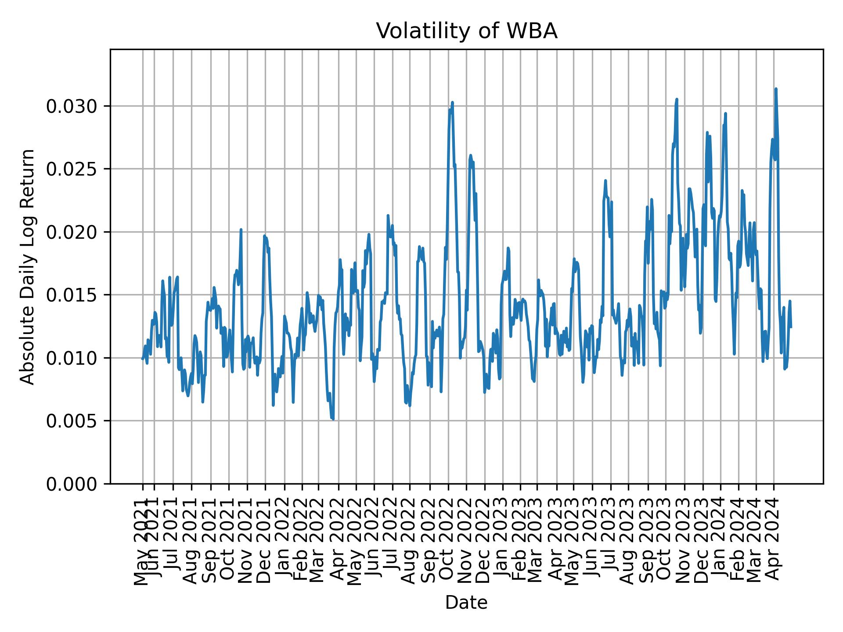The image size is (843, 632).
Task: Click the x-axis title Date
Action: pos(466,603)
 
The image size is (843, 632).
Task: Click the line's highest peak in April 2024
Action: pos(776,89)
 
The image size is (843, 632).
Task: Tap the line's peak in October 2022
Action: pos(452,102)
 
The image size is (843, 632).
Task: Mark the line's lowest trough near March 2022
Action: pos(333,419)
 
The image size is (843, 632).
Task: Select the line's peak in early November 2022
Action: pos(470,155)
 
